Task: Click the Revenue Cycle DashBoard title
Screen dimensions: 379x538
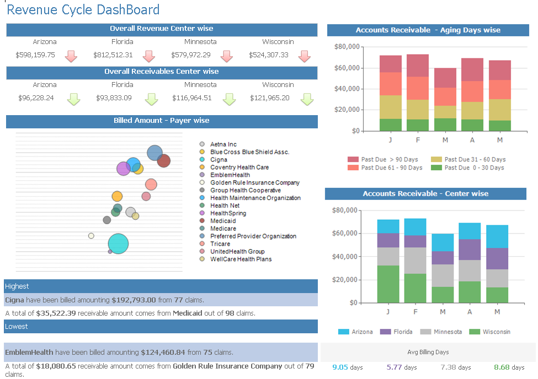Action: point(83,10)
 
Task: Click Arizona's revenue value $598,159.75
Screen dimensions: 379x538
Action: point(35,55)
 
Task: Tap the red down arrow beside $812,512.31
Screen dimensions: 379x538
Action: point(148,56)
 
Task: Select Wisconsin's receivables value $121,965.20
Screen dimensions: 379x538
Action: point(269,98)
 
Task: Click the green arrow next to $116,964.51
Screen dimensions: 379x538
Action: point(230,99)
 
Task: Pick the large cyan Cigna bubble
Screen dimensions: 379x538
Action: point(118,243)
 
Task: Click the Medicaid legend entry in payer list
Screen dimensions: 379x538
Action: point(223,221)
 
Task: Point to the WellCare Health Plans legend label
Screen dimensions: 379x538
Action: point(241,259)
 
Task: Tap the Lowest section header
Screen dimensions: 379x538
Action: point(17,327)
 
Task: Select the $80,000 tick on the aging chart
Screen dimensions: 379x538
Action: point(347,47)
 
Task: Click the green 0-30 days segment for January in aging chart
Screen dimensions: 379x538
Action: point(391,125)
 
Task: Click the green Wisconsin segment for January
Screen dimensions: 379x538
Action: point(388,284)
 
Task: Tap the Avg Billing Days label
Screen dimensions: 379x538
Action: point(428,352)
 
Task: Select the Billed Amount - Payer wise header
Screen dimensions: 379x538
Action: point(162,121)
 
